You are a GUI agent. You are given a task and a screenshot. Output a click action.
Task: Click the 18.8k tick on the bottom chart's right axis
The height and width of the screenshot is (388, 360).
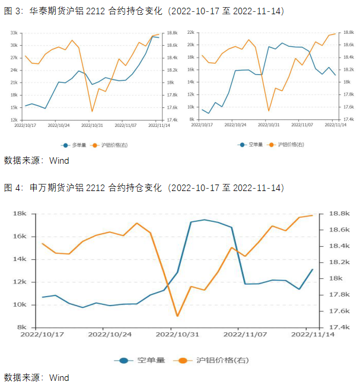coord(335,214)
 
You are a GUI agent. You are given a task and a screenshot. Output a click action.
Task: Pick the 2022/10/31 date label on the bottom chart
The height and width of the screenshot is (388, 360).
coord(176,335)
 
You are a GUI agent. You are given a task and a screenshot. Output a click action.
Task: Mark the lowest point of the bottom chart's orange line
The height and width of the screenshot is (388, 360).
coord(177,316)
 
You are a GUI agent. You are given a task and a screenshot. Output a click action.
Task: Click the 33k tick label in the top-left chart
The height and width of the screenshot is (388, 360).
coord(12,33)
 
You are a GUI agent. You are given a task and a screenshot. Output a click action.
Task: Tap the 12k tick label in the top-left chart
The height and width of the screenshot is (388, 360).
coord(12,120)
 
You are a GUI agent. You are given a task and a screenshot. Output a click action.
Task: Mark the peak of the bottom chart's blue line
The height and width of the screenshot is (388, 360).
coord(205,220)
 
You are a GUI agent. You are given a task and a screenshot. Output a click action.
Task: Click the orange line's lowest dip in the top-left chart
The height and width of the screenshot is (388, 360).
coord(92,111)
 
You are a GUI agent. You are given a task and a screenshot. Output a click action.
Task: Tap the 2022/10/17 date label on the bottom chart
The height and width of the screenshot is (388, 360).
coord(42,335)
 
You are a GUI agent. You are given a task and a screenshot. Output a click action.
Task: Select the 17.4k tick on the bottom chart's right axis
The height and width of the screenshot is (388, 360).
coord(335,327)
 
